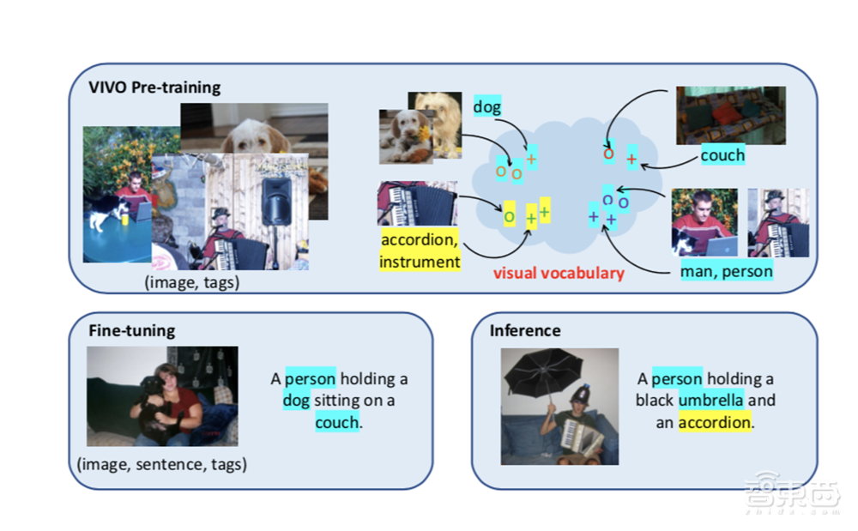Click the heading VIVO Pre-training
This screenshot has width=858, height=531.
[x=154, y=87]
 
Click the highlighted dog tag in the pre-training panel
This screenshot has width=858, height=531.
[x=487, y=108]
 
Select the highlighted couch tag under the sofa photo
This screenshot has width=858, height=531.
[x=722, y=155]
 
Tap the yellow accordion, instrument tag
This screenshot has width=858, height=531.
[x=420, y=250]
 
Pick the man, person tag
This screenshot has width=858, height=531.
[x=726, y=272]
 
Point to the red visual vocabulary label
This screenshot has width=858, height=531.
[x=559, y=274]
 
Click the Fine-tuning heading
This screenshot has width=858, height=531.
[x=131, y=330]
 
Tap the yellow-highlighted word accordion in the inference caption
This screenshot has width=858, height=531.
[x=715, y=422]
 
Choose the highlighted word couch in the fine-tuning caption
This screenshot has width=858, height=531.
[x=336, y=422]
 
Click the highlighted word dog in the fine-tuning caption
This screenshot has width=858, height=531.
[x=297, y=400]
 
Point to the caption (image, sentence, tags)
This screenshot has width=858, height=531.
[x=161, y=465]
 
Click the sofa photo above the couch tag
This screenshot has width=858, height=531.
[x=729, y=115]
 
